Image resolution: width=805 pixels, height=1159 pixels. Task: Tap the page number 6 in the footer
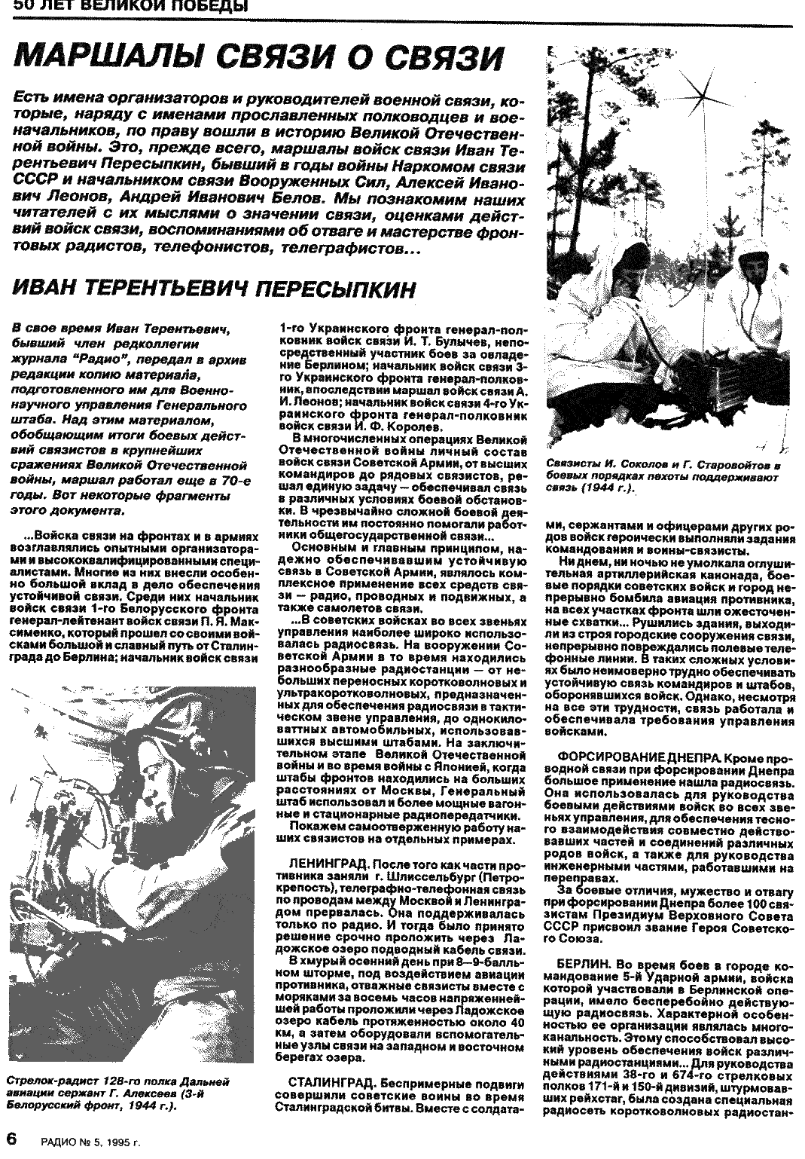[11, 1138]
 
